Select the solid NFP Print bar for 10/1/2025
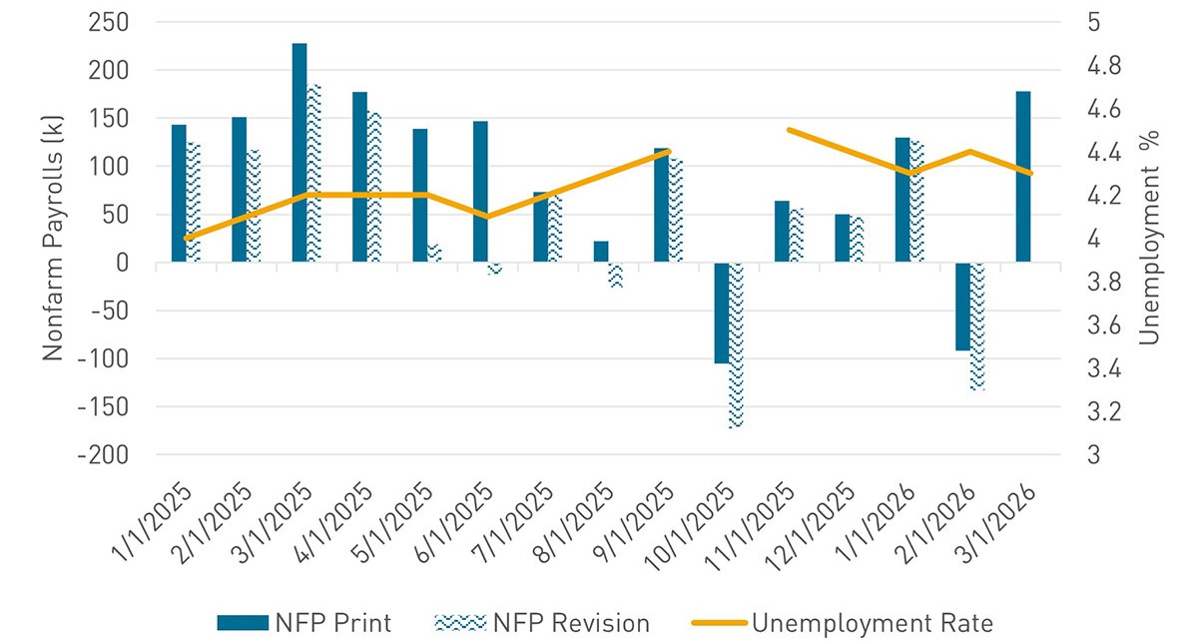pyautogui.click(x=721, y=313)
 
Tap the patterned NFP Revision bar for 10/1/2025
pyautogui.click(x=736, y=344)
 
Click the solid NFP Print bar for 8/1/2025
pyautogui.click(x=600, y=252)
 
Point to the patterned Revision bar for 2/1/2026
pyautogui.click(x=977, y=325)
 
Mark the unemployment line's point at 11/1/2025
pyautogui.click(x=789, y=130)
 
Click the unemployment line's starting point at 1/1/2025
pyautogui.click(x=187, y=239)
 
